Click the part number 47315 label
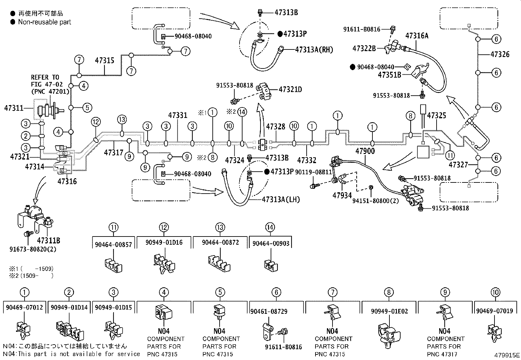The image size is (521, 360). pos(105,60)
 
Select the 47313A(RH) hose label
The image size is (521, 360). pos(314,49)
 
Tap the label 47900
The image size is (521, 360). pos(365,151)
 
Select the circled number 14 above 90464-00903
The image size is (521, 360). pos(270,227)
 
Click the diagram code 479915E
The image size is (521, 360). pos(507,355)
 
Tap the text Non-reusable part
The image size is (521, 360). pos(45,22)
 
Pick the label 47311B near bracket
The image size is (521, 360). pos(48,240)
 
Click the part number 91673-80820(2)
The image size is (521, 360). pos(33,249)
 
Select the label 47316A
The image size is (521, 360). pos(417,36)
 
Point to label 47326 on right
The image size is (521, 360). pos(500,54)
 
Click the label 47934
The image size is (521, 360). pos(342,195)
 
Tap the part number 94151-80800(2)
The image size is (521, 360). pos(375,200)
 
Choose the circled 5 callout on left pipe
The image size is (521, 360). pos(87,107)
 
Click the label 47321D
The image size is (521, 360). pos(290,89)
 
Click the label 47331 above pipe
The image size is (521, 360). pos(178,115)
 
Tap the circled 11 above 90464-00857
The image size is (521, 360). pos(114,227)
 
